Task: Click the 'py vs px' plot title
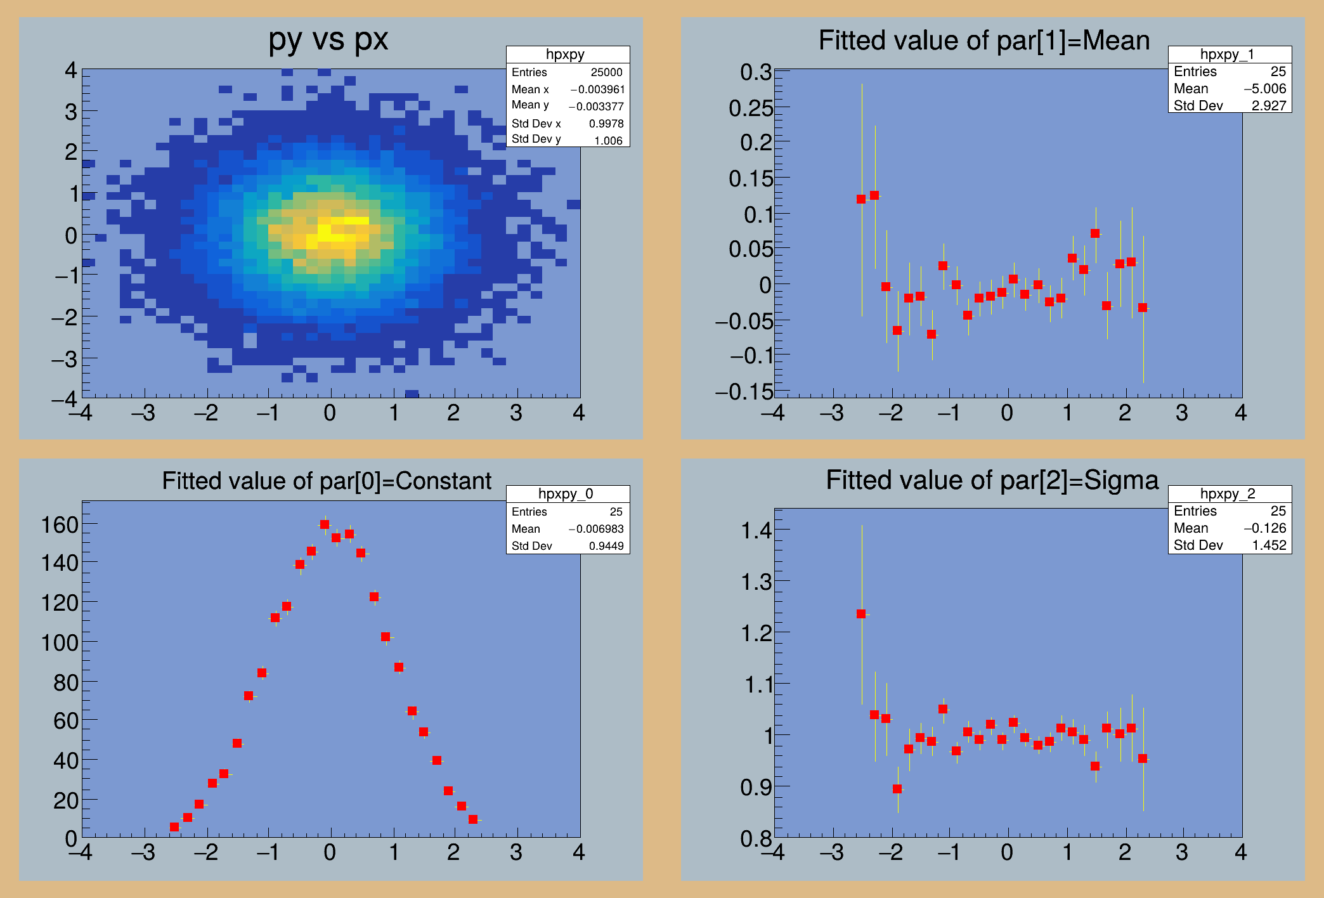pos(328,39)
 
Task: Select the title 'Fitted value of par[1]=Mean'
pos(983,41)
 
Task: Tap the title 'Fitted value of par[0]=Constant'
pos(327,481)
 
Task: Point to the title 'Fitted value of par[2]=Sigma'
pos(992,480)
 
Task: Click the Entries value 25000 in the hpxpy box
pos(606,72)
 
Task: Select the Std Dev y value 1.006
pos(608,140)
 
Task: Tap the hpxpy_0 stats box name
pos(566,493)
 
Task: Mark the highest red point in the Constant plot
pos(325,524)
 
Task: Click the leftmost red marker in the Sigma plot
pos(861,614)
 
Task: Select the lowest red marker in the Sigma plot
pos(897,789)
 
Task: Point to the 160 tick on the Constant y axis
pos(60,525)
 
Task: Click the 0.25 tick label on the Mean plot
pos(750,108)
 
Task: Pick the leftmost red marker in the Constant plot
pos(174,827)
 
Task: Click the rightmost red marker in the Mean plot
pos(1143,308)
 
